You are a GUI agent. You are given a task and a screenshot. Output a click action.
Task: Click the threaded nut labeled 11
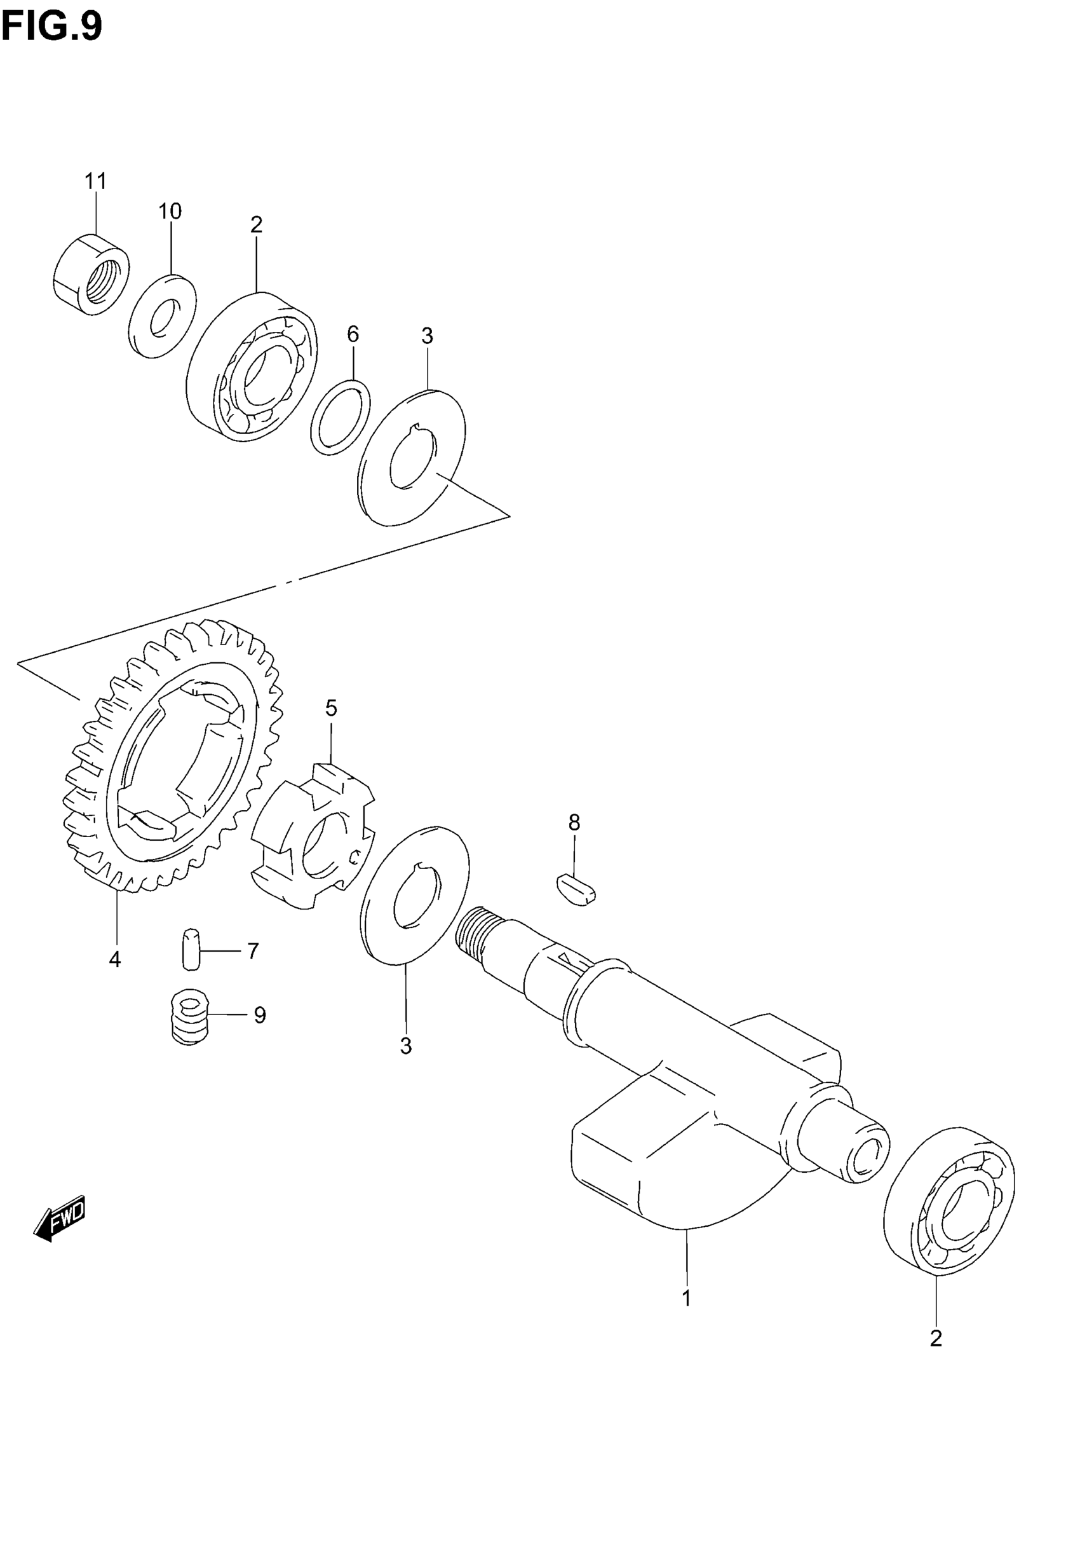pyautogui.click(x=91, y=273)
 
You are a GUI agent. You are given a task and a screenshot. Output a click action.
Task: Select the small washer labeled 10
pyautogui.click(x=163, y=315)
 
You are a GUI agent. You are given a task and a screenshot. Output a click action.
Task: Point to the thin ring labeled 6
pyautogui.click(x=341, y=418)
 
